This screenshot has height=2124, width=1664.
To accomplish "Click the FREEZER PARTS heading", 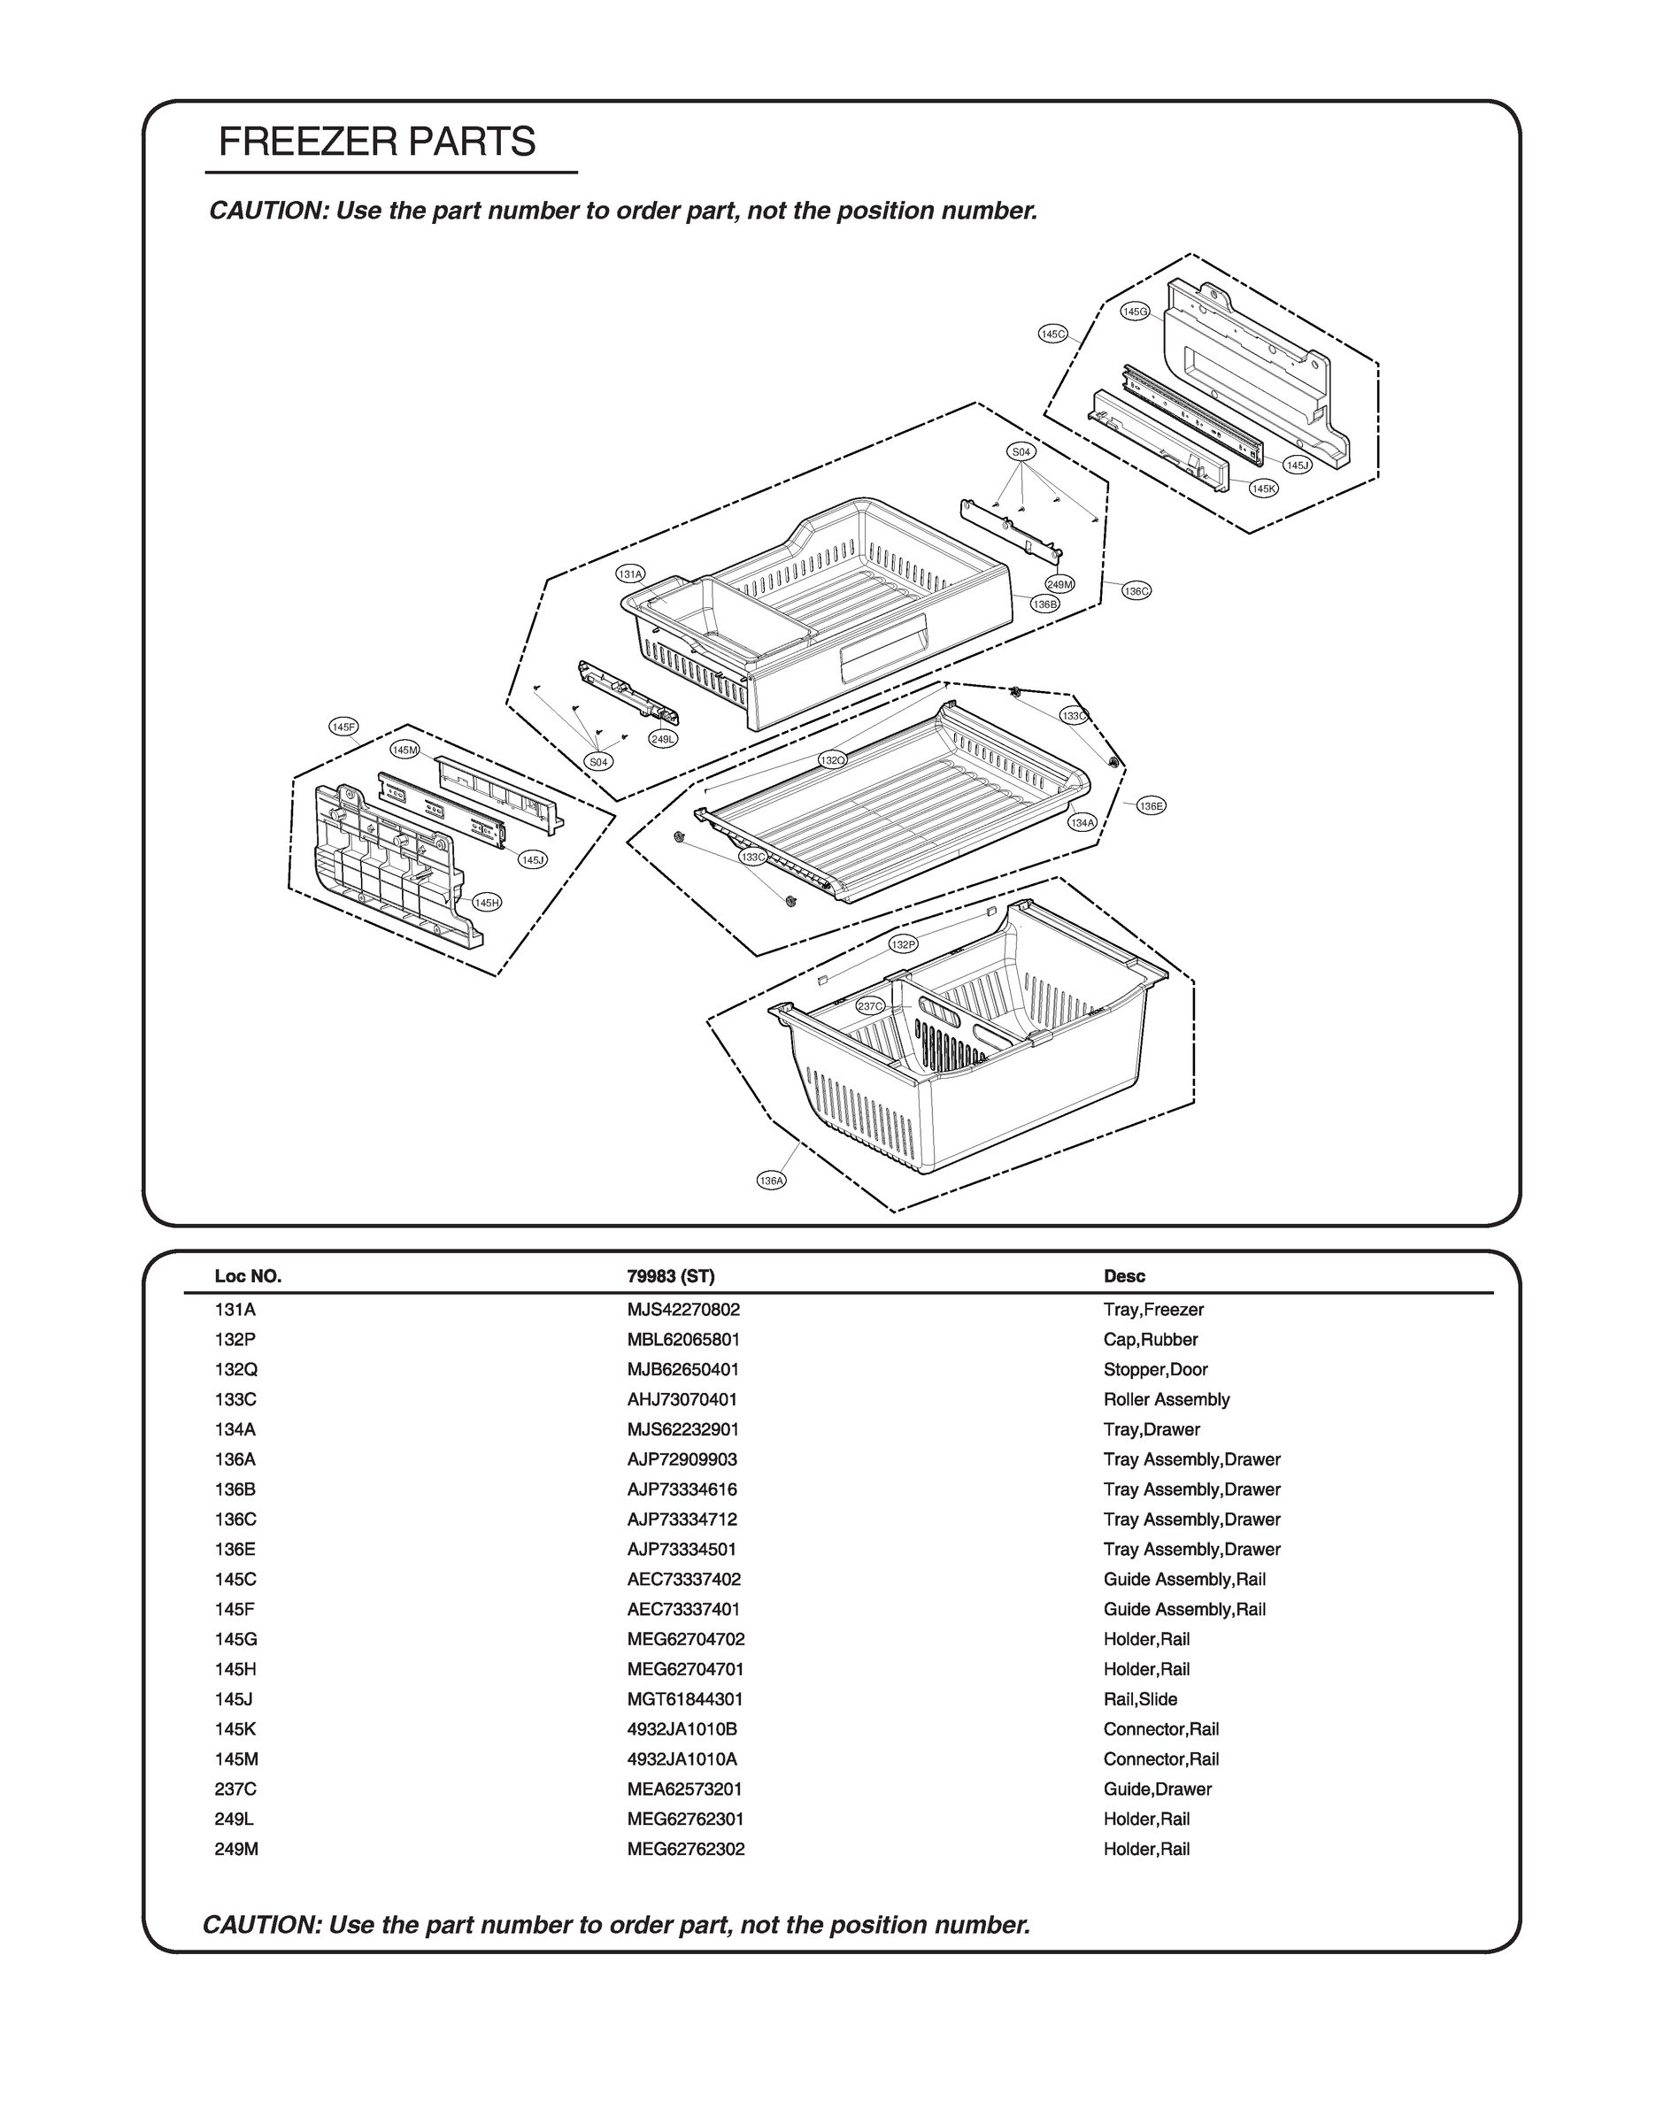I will pyautogui.click(x=377, y=142).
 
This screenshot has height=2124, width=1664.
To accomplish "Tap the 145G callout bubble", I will pyautogui.click(x=1135, y=312).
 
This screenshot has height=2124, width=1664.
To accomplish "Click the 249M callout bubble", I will pyautogui.click(x=1060, y=584).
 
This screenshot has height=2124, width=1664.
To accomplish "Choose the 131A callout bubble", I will pyautogui.click(x=631, y=574).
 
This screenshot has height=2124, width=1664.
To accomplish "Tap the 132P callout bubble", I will pyautogui.click(x=903, y=944).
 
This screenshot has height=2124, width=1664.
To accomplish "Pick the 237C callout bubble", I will pyautogui.click(x=871, y=1006).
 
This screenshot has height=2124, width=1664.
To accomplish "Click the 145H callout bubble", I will pyautogui.click(x=487, y=903).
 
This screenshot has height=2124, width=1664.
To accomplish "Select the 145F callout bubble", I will pyautogui.click(x=344, y=727).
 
